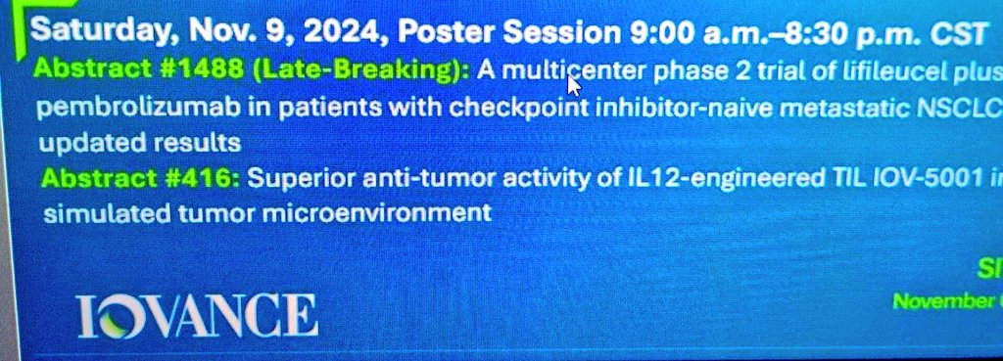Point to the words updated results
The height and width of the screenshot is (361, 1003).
(x=138, y=142)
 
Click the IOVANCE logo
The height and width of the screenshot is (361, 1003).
(x=199, y=315)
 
